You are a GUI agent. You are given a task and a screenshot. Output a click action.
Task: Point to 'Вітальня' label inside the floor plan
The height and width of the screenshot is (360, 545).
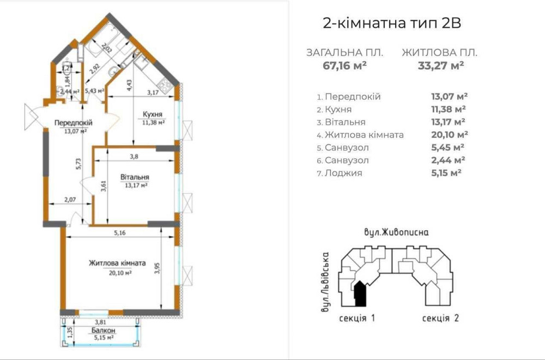click(x=135, y=177)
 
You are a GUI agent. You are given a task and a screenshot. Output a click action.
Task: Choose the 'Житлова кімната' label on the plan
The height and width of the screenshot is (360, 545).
click(x=117, y=263)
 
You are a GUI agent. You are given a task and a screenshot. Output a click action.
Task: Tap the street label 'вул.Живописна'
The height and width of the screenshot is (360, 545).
click(x=396, y=232)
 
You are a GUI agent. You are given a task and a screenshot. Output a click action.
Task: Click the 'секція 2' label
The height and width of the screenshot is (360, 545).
click(x=440, y=318)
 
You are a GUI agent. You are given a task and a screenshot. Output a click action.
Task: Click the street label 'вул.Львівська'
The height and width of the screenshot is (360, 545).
click(x=325, y=282)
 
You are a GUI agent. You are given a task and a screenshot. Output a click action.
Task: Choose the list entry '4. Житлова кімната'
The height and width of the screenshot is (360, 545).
click(x=360, y=135)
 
